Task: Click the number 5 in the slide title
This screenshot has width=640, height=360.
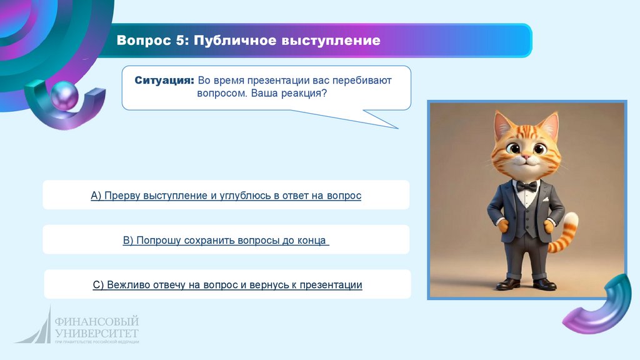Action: pyautogui.click(x=181, y=41)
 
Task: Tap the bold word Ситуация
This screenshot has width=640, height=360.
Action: pyautogui.click(x=164, y=81)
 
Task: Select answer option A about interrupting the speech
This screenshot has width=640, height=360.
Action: pyautogui.click(x=226, y=196)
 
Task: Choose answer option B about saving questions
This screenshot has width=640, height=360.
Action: pyautogui.click(x=226, y=240)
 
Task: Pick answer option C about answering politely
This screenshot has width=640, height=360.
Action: pyautogui.click(x=227, y=284)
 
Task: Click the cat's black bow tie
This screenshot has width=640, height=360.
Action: pyautogui.click(x=526, y=187)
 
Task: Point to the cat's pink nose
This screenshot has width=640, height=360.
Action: pyautogui.click(x=526, y=156)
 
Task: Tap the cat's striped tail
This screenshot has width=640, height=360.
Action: pyautogui.click(x=565, y=232)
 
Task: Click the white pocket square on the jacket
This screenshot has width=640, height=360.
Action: pyautogui.click(x=545, y=199)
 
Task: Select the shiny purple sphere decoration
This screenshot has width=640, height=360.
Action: pyautogui.click(x=64, y=96)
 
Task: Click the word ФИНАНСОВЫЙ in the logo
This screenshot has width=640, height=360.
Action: pyautogui.click(x=97, y=322)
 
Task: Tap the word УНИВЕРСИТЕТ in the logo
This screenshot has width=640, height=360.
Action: pyautogui.click(x=97, y=333)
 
